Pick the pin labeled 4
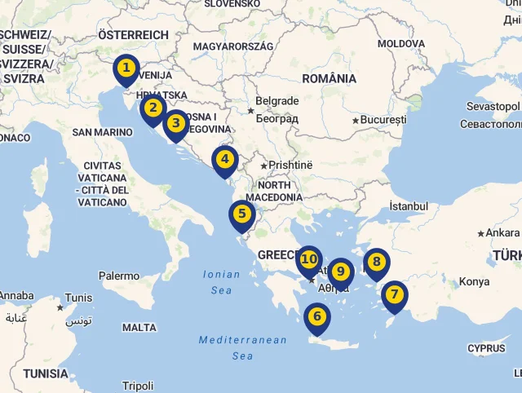click(225, 160)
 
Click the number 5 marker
click(241, 215)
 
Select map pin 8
click(376, 263)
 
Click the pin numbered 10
click(308, 260)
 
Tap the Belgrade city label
click(277, 102)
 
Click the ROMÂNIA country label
click(329, 79)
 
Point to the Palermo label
click(119, 276)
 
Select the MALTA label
click(139, 327)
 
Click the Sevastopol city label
click(493, 107)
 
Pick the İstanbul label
click(409, 206)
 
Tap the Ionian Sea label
click(222, 282)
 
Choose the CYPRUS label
click(487, 348)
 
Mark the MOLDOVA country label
click(401, 42)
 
